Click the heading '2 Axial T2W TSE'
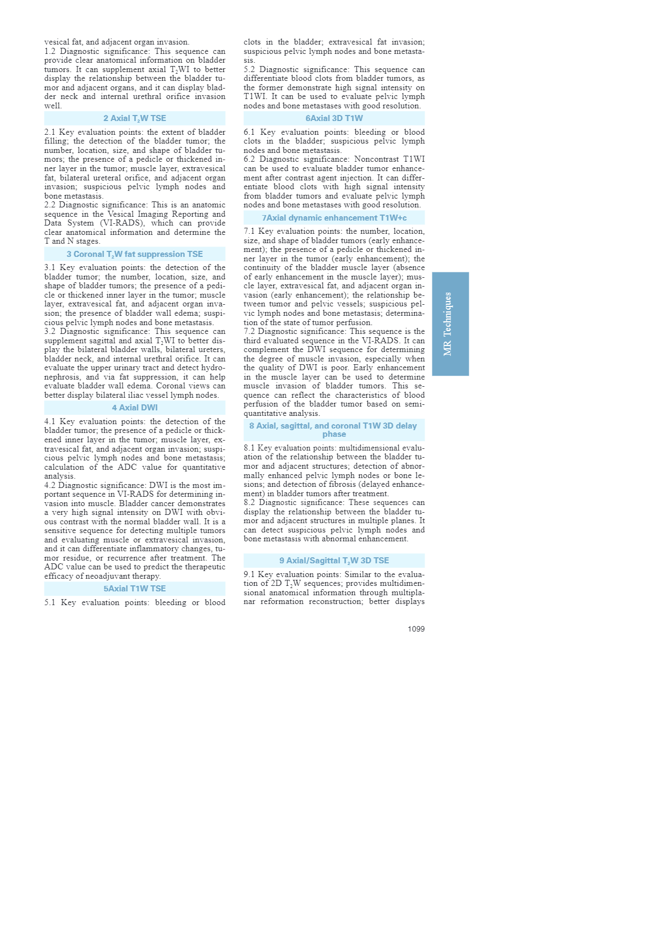135,118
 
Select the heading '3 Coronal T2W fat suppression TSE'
135,254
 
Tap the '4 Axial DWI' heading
135,408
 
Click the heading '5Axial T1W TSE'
135,589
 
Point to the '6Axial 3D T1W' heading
334,118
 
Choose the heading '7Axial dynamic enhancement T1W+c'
334,218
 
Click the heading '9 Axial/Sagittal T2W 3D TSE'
334,561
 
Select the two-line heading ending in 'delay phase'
334,430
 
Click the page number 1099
416,629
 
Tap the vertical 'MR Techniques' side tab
450,324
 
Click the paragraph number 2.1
50,133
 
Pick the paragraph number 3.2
50,331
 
